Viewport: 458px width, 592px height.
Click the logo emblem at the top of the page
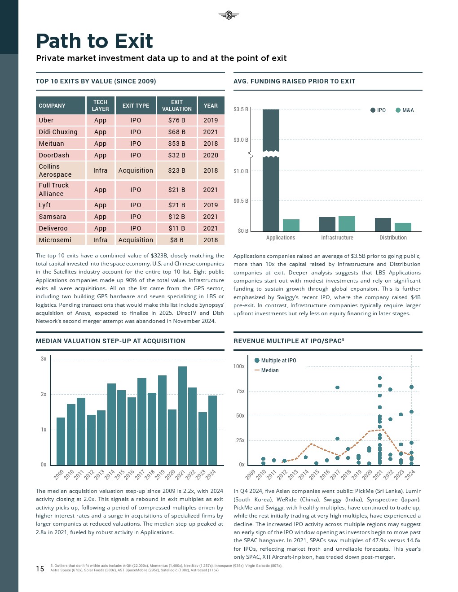point(229,16)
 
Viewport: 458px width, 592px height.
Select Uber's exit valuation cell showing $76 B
point(176,120)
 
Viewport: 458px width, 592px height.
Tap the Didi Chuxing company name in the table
point(58,132)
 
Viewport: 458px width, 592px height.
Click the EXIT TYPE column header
point(136,106)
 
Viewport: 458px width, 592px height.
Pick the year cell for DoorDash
point(211,155)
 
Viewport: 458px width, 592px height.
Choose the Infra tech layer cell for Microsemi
point(100,240)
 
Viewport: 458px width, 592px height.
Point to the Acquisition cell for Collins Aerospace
point(136,170)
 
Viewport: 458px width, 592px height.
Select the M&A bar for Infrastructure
point(347,223)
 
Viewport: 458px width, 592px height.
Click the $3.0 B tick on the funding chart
point(241,140)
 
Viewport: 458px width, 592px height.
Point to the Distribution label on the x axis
point(393,238)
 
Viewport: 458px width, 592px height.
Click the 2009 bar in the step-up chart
point(61,441)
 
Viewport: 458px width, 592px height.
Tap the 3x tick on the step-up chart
point(44,359)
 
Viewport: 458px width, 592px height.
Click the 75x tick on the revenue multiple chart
point(240,391)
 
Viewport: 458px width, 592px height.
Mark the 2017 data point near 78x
point(337,387)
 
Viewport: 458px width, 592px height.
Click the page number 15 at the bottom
point(40,569)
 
